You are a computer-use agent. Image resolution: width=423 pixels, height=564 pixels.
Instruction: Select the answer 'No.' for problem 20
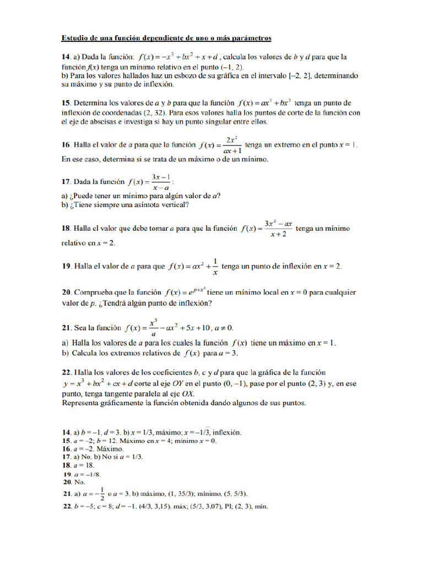point(80,481)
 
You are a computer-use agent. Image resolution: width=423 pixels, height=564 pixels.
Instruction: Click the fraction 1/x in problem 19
point(215,267)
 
